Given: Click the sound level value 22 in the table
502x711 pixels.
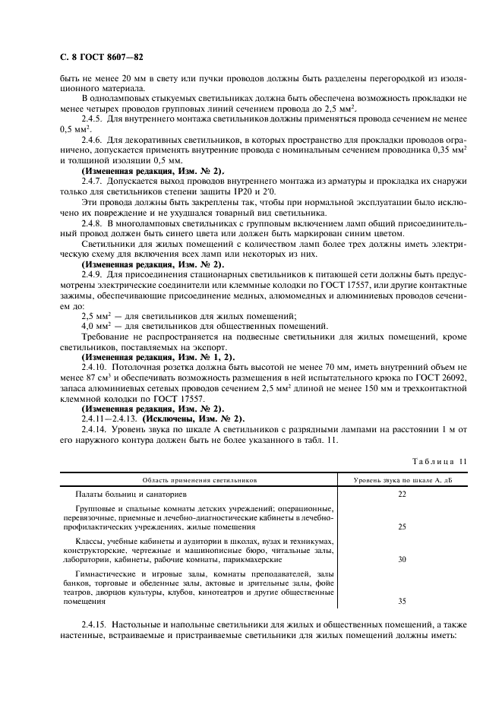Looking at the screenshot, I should (403, 494).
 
